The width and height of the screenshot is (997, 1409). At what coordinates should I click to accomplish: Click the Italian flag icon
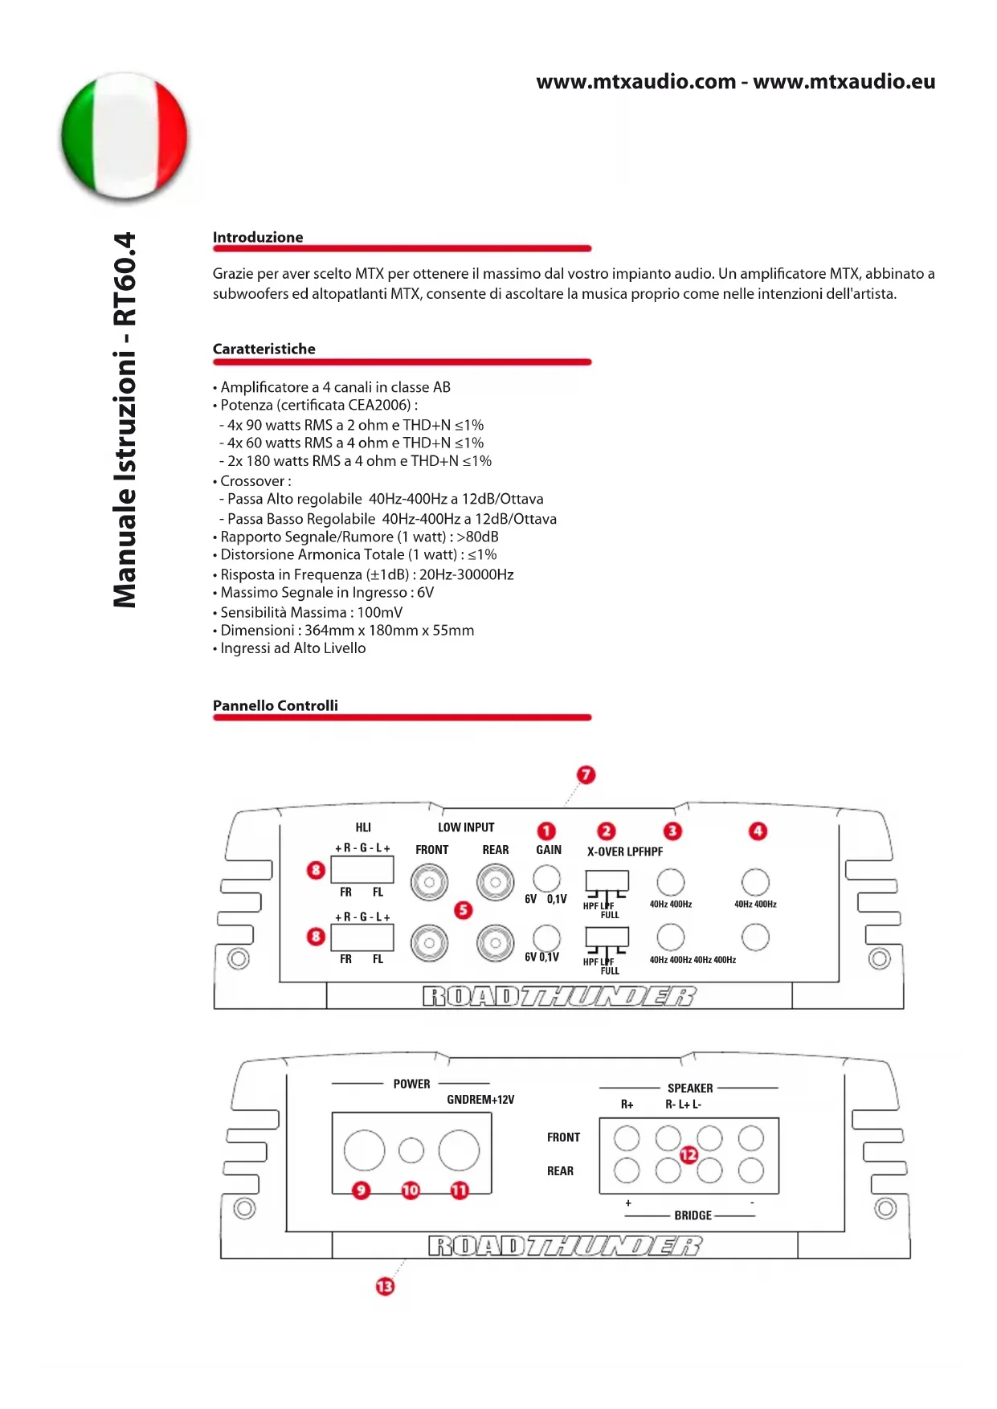click(125, 135)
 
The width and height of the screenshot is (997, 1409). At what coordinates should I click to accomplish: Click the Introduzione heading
click(258, 237)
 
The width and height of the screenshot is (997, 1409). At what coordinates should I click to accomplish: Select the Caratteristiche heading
click(264, 349)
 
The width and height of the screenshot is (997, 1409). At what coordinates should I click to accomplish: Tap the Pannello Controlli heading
click(275, 705)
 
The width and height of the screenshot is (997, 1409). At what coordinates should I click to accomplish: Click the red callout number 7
click(586, 774)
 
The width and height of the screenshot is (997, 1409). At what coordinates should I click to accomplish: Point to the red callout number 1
click(546, 831)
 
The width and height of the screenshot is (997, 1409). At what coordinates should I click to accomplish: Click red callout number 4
click(758, 831)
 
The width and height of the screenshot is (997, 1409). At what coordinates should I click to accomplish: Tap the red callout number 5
click(464, 909)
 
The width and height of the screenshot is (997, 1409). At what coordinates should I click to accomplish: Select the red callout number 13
click(385, 1286)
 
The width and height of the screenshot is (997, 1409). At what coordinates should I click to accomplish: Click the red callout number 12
click(689, 1154)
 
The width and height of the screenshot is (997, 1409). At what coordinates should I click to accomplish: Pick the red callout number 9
click(362, 1190)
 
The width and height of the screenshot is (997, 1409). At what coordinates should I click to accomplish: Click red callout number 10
click(411, 1190)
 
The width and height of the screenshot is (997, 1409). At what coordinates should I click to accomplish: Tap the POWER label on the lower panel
click(411, 1084)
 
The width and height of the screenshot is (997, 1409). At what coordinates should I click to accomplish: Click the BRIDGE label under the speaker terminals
click(693, 1215)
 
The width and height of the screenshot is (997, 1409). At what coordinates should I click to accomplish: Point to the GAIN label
click(549, 850)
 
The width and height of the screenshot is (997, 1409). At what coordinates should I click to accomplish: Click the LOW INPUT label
click(466, 827)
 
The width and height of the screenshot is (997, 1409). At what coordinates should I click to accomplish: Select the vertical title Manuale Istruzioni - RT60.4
click(125, 420)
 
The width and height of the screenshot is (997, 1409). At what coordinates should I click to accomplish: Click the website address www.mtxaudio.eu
click(844, 82)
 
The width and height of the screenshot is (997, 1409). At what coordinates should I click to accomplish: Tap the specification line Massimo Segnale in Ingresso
click(327, 593)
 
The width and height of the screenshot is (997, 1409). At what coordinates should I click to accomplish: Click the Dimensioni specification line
click(347, 631)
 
